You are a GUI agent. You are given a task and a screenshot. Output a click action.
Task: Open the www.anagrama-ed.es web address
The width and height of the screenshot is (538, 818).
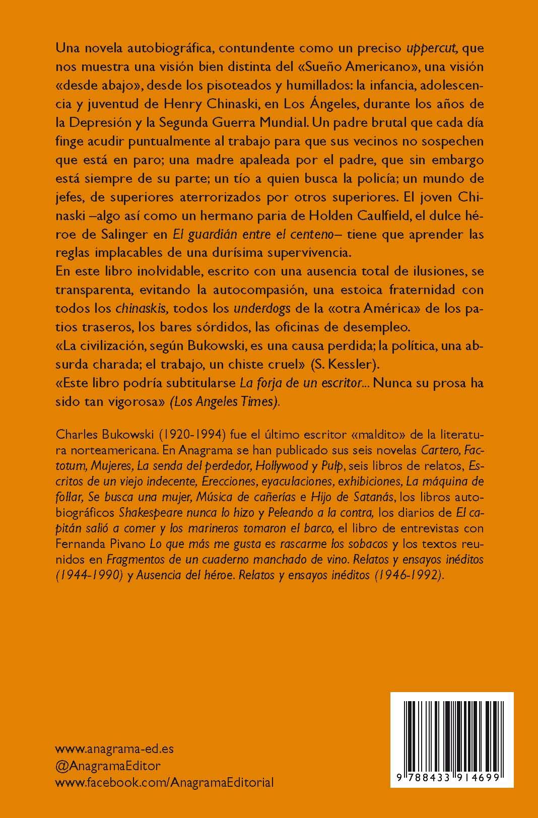tap(114, 748)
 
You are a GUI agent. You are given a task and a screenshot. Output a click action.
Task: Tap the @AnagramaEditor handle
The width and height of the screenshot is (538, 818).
tap(108, 766)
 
